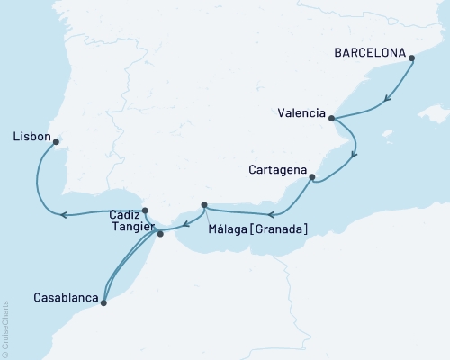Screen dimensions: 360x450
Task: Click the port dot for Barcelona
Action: tap(412, 59)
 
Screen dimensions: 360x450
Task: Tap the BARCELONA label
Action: tap(369, 52)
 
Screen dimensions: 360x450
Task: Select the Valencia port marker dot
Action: tap(332, 118)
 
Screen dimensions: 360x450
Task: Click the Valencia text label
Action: tap(301, 112)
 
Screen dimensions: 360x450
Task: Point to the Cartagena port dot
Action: tap(311, 178)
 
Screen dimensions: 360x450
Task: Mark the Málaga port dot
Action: tap(204, 205)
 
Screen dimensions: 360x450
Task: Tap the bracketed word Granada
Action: tap(282, 230)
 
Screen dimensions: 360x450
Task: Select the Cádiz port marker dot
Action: tap(145, 211)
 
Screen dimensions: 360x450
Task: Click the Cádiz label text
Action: tap(124, 216)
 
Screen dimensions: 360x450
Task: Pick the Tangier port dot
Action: tap(160, 234)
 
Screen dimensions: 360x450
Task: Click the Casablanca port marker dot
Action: tap(103, 303)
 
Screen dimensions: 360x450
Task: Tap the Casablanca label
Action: tap(65, 295)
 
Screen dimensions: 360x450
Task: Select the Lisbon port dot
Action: tap(56, 141)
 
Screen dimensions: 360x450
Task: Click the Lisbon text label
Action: tap(31, 137)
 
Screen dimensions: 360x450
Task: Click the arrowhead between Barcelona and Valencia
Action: tap(387, 99)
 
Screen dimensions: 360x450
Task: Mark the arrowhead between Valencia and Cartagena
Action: tap(354, 154)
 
